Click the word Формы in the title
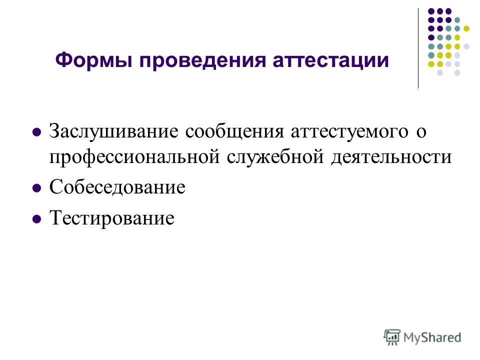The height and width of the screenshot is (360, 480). pyautogui.click(x=93, y=60)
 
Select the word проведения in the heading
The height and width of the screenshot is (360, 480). pyautogui.click(x=202, y=61)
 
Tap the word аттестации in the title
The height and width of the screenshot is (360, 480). pyautogui.click(x=330, y=61)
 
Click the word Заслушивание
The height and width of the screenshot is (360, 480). pyautogui.click(x=113, y=131)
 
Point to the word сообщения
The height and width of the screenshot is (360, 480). pyautogui.click(x=234, y=132)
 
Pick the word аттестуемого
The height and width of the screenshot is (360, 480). pyautogui.click(x=349, y=132)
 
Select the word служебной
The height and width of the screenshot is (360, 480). pyautogui.click(x=275, y=156)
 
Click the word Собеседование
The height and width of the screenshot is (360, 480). pyautogui.click(x=117, y=186)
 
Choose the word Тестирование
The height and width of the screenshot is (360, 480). pyautogui.click(x=111, y=218)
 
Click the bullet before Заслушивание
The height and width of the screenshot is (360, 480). pyautogui.click(x=36, y=132)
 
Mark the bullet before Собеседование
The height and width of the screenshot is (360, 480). pyautogui.click(x=36, y=187)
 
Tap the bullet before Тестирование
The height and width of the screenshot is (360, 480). pyautogui.click(x=36, y=219)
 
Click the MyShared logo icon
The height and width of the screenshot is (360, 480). pyautogui.click(x=392, y=337)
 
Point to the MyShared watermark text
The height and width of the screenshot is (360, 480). pyautogui.click(x=432, y=337)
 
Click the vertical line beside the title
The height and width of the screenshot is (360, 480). pyautogui.click(x=418, y=48)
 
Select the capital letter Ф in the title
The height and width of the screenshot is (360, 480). pyautogui.click(x=63, y=60)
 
